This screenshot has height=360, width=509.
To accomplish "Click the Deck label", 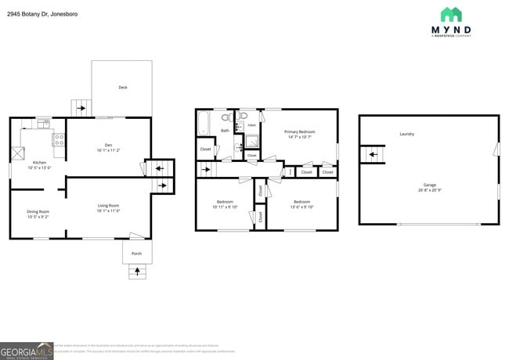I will point(123,87).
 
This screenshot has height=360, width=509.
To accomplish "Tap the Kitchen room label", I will point(38,162).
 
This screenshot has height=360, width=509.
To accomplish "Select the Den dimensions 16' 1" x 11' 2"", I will point(108,149).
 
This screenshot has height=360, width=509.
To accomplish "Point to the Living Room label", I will point(108,204).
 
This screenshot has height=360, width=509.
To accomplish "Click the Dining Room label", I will point(38,211).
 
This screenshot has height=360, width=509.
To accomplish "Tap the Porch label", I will point(136,253).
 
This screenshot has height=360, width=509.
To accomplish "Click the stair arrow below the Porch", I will point(138,272).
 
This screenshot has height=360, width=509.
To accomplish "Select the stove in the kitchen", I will point(58,140).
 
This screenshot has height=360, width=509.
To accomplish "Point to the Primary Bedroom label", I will point(299,131).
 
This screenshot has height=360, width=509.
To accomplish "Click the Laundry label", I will point(406,134).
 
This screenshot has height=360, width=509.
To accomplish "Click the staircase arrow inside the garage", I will point(373,155).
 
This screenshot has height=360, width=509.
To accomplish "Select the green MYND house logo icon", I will point(451,15).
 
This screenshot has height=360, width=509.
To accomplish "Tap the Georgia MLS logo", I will point(27,351).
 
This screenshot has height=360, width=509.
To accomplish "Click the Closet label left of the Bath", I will point(205,149).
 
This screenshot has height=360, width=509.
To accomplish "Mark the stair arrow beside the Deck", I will point(79,108).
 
